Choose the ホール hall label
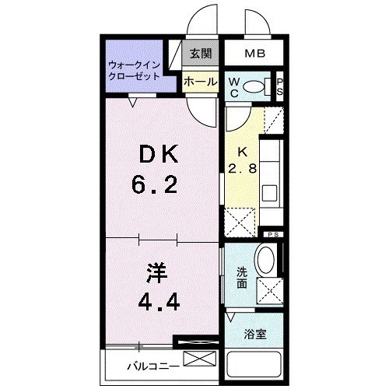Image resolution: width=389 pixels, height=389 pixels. (x=200, y=81)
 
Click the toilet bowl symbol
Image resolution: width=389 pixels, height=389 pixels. (x=254, y=87)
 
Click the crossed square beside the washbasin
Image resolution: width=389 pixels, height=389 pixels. (x=269, y=292)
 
